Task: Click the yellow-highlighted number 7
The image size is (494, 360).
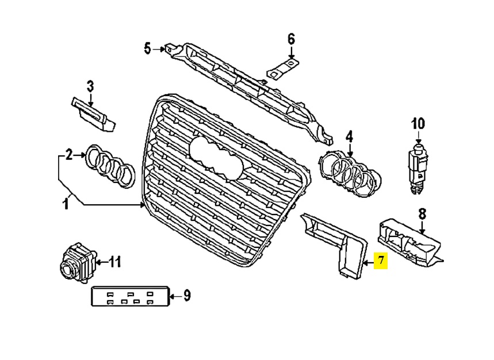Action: pyautogui.click(x=381, y=261)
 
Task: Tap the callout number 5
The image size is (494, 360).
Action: pyautogui.click(x=148, y=49)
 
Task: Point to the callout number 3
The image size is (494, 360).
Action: pyautogui.click(x=90, y=86)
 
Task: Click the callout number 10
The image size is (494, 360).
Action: pyautogui.click(x=418, y=124)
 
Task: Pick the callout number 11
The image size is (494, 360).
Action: pyautogui.click(x=114, y=262)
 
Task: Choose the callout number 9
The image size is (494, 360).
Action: pyautogui.click(x=187, y=296)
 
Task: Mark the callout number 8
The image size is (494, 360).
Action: pyautogui.click(x=422, y=214)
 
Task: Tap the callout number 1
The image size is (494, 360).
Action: pyautogui.click(x=66, y=204)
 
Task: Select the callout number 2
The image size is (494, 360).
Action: pyautogui.click(x=69, y=155)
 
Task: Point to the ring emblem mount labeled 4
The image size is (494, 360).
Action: pyautogui.click(x=350, y=174)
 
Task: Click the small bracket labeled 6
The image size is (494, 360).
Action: pyautogui.click(x=284, y=67)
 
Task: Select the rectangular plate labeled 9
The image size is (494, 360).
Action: pyautogui.click(x=131, y=296)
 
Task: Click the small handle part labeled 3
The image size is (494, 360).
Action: pyautogui.click(x=94, y=114)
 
